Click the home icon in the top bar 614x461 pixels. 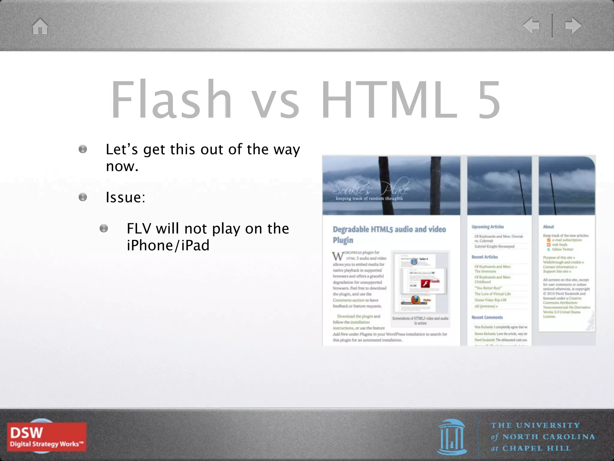(x=40, y=26)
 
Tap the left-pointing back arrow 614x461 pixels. (x=531, y=26)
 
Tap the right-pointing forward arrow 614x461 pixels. (x=573, y=26)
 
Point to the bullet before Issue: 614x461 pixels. (x=83, y=197)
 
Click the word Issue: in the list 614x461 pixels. (x=125, y=197)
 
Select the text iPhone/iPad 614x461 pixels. (x=168, y=246)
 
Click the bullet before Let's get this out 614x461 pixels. (x=83, y=149)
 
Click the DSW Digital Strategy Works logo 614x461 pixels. (x=47, y=437)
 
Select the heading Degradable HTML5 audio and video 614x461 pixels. (x=389, y=230)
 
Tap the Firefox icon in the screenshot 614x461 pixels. (x=416, y=300)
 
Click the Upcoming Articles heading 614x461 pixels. (x=487, y=227)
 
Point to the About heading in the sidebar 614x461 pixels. (x=548, y=227)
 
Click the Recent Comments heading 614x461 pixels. (x=487, y=317)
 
